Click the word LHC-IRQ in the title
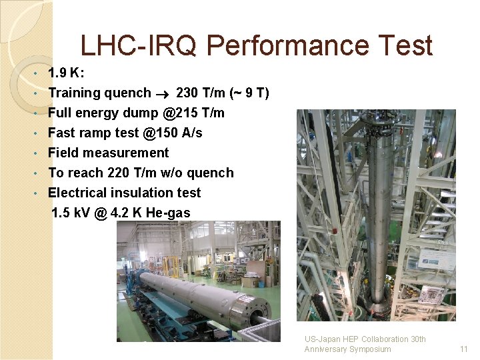(140, 46)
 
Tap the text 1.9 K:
(66, 73)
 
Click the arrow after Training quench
(163, 93)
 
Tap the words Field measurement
(108, 153)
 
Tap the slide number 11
(464, 349)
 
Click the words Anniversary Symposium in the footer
(347, 349)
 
